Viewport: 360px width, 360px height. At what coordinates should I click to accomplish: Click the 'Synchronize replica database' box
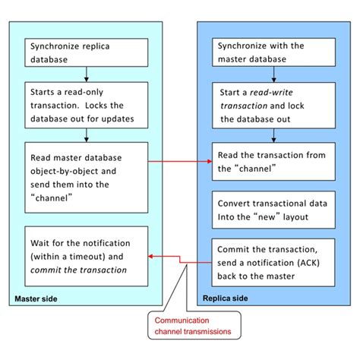coord(86,51)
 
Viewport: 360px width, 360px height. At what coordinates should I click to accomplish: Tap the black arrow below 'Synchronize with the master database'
coord(273,73)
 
